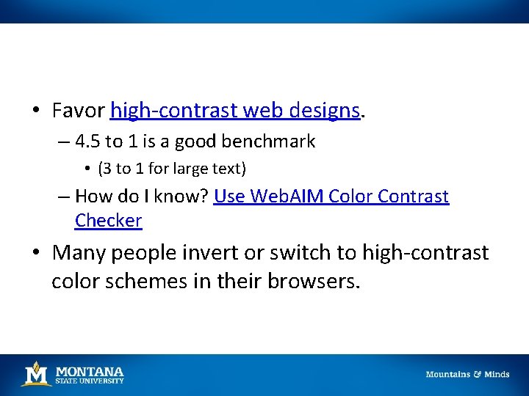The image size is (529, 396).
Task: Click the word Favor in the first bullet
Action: coord(79,111)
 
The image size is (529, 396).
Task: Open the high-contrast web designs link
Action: coord(235,111)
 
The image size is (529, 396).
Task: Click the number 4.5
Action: coord(89,142)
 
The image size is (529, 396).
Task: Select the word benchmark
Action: coord(270,142)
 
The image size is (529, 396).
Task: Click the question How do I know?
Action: coord(142,197)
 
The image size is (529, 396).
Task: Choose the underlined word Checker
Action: coord(108,220)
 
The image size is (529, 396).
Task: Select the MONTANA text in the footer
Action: coord(90,371)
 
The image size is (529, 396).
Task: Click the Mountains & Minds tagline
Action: coord(467,374)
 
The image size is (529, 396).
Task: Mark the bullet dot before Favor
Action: coord(36,111)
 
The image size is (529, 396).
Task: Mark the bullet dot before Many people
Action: coord(36,254)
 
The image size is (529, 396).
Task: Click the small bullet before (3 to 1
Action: coord(87,169)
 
